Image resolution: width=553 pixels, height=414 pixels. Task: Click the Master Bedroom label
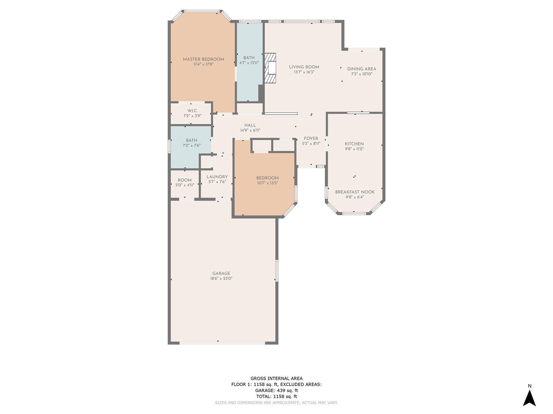tap(203, 59)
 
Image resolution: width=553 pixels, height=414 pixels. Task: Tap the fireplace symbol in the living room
tap(270, 68)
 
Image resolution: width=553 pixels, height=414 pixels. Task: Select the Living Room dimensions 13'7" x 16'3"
tap(304, 72)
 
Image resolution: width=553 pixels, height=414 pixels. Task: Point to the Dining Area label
tap(362, 69)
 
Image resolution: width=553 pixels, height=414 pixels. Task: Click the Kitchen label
tap(354, 144)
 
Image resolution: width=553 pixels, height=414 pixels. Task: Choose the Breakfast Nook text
tap(355, 192)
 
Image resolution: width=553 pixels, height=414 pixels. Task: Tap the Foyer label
tap(311, 138)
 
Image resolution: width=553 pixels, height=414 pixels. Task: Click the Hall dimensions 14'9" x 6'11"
tap(250, 130)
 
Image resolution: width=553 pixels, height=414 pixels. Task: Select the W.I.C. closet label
tap(193, 111)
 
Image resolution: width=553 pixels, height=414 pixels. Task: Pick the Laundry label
tap(217, 177)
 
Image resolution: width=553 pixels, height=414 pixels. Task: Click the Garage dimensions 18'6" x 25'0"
tap(221, 278)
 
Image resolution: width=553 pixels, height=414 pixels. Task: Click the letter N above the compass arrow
tap(529, 386)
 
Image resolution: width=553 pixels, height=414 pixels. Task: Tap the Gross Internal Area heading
tap(276, 378)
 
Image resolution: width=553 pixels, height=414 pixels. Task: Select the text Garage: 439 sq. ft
tap(276, 391)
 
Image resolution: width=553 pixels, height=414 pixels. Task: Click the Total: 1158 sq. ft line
tap(276, 396)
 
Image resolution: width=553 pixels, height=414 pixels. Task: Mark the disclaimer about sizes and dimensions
tap(276, 403)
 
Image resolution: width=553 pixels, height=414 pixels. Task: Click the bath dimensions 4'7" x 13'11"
tap(249, 63)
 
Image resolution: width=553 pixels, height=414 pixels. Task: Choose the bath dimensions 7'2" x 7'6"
tap(191, 145)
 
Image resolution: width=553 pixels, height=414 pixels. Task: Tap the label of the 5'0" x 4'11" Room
tap(185, 180)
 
